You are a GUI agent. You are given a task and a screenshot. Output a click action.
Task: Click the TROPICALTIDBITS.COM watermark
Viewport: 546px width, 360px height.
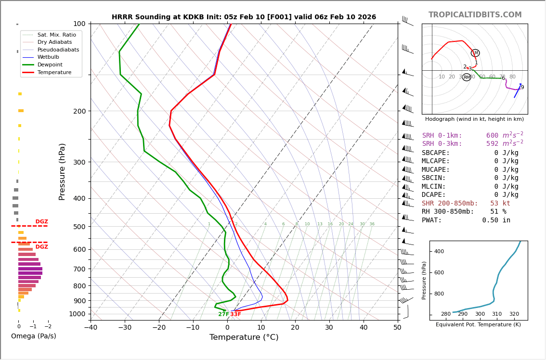click(x=475, y=15)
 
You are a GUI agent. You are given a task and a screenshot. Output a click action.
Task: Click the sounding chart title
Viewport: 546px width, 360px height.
click(x=244, y=17)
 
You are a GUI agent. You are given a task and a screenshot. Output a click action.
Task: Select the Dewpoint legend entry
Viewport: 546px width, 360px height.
click(x=51, y=64)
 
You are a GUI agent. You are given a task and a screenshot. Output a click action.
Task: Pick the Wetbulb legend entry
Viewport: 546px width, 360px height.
click(x=48, y=57)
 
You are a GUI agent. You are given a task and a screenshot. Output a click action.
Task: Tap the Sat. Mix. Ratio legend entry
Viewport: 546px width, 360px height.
click(x=56, y=35)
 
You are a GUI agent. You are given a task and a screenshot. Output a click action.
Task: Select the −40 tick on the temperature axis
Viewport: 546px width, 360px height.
click(x=91, y=328)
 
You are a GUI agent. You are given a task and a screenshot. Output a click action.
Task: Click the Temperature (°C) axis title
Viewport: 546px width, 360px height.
click(x=244, y=337)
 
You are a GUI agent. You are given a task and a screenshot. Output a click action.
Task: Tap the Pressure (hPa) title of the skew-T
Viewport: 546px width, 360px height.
click(x=62, y=171)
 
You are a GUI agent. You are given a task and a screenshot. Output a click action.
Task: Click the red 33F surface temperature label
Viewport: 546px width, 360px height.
click(x=235, y=314)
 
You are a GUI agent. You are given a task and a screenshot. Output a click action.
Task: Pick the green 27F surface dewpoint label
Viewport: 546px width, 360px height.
click(x=223, y=314)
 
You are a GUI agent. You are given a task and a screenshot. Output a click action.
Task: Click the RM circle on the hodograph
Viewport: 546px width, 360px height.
click(x=467, y=77)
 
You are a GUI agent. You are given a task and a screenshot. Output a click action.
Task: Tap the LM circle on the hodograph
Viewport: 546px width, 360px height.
click(x=475, y=53)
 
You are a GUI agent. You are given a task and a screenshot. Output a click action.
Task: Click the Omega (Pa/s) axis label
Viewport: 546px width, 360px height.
click(x=34, y=336)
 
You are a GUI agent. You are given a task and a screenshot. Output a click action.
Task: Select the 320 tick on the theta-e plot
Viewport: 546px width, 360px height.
click(x=514, y=314)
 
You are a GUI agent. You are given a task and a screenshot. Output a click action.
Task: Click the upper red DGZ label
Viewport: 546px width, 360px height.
click(x=41, y=222)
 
